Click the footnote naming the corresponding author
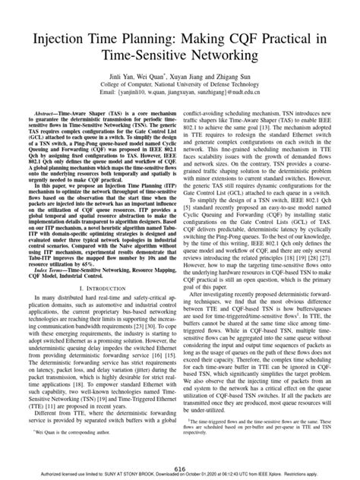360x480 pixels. pos(62,450)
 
